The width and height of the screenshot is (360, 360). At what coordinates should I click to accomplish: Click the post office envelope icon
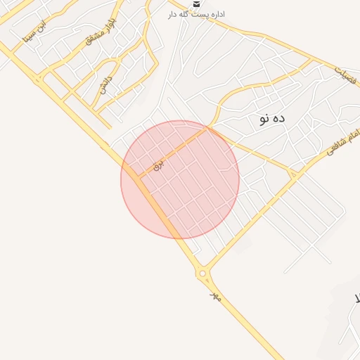[195, 4]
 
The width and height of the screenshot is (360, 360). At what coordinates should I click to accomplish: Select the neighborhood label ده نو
[271, 119]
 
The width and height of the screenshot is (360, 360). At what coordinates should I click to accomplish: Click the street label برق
[158, 165]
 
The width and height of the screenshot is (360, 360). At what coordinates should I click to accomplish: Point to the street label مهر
[216, 297]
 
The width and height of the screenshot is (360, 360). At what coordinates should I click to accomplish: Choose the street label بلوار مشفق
[101, 32]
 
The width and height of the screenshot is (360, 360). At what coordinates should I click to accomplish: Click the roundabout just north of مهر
[202, 274]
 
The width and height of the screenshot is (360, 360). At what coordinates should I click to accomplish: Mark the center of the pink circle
[180, 179]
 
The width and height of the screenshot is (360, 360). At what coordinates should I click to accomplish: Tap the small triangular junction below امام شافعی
[292, 172]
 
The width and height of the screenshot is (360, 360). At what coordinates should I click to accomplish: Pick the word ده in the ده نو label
[280, 119]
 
